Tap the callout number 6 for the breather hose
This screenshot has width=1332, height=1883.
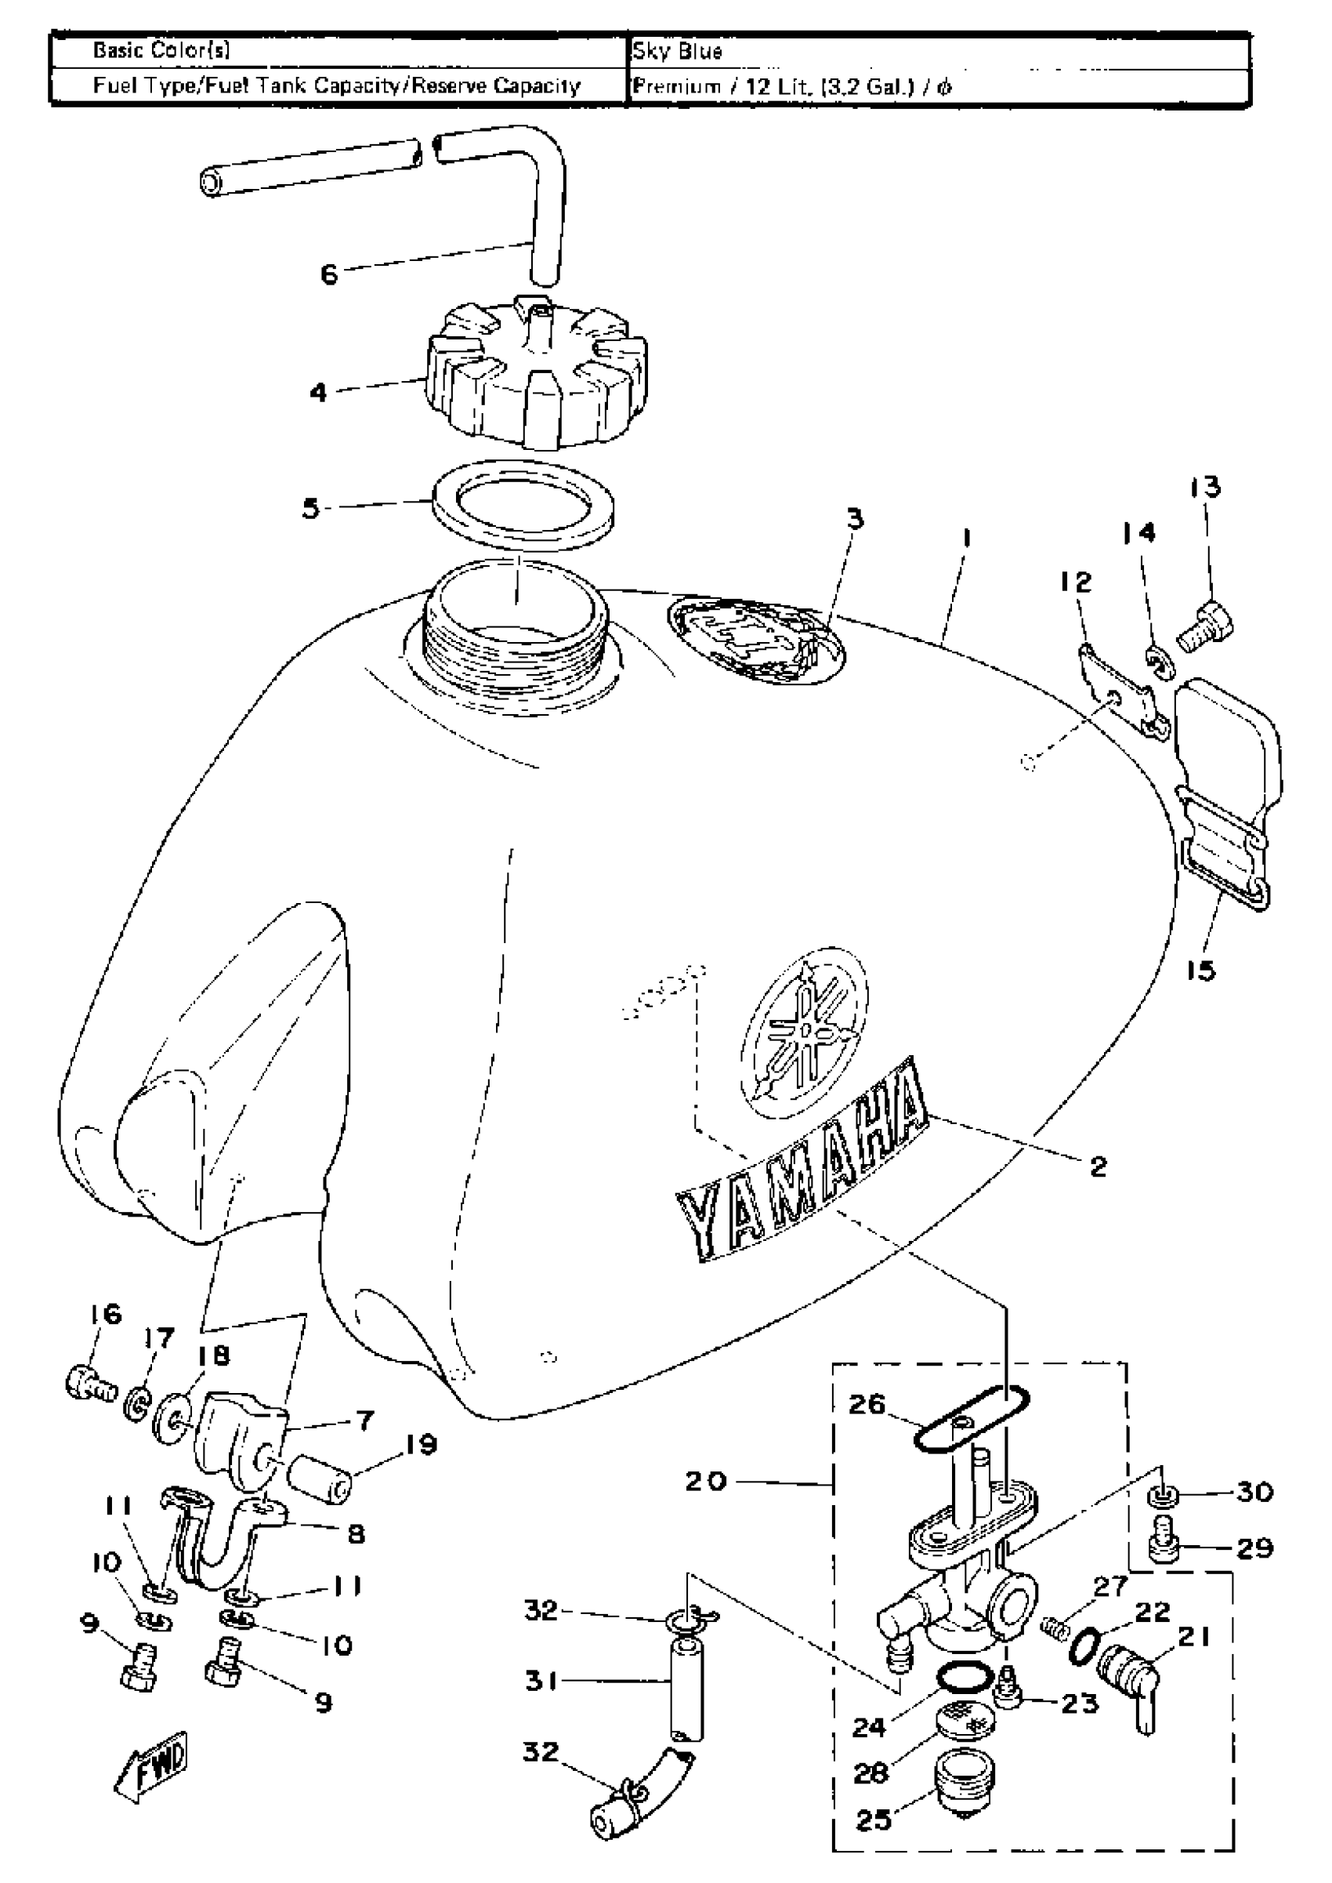[329, 274]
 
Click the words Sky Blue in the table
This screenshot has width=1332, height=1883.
[678, 52]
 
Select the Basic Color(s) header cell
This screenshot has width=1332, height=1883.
[161, 50]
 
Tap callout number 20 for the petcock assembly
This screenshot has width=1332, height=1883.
[706, 1481]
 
